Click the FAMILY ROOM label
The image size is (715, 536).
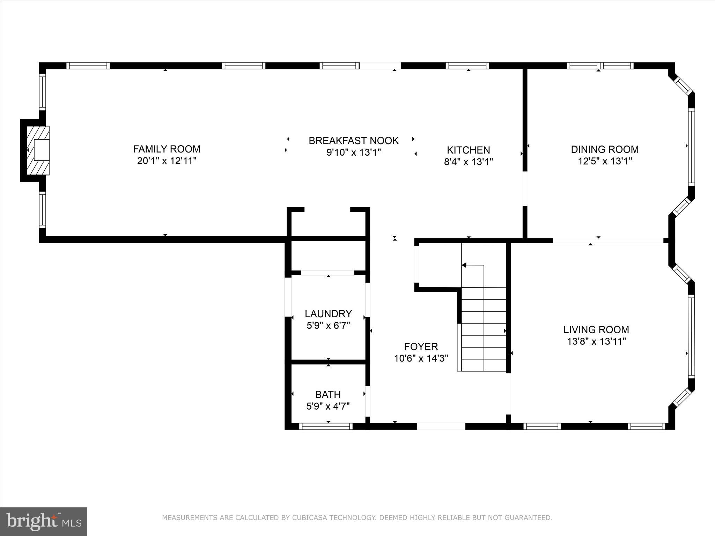[x=167, y=149]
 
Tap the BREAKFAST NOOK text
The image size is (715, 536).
[x=353, y=141]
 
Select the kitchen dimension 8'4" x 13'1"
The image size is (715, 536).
[x=468, y=162]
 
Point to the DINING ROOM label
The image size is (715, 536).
[x=604, y=149]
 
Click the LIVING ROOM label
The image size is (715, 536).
[x=596, y=329]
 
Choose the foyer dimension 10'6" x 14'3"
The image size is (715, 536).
[x=421, y=358]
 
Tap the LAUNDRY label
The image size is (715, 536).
[x=328, y=313]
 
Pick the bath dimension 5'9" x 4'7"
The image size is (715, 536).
[x=328, y=406]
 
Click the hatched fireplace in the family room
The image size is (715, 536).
[x=38, y=150]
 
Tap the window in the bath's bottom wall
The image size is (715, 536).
[x=326, y=426]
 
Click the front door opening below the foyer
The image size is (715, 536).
[x=441, y=426]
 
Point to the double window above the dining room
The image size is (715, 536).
[x=600, y=66]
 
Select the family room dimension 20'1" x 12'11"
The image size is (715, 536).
[x=167, y=161]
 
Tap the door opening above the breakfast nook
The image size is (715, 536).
[x=380, y=66]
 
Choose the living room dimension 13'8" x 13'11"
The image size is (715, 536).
[x=596, y=341]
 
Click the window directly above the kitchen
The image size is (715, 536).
[x=467, y=66]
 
